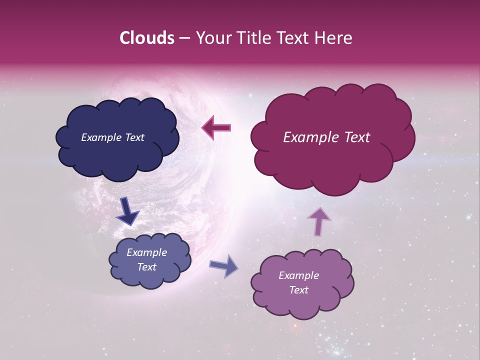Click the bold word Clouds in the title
click(146, 38)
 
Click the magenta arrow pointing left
click(216, 128)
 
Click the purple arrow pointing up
click(318, 221)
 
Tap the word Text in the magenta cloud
click(355, 137)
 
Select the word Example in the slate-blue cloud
click(146, 252)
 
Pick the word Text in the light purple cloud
click(298, 290)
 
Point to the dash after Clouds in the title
click(184, 38)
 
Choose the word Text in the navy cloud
click(134, 137)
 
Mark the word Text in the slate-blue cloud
click(146, 267)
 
